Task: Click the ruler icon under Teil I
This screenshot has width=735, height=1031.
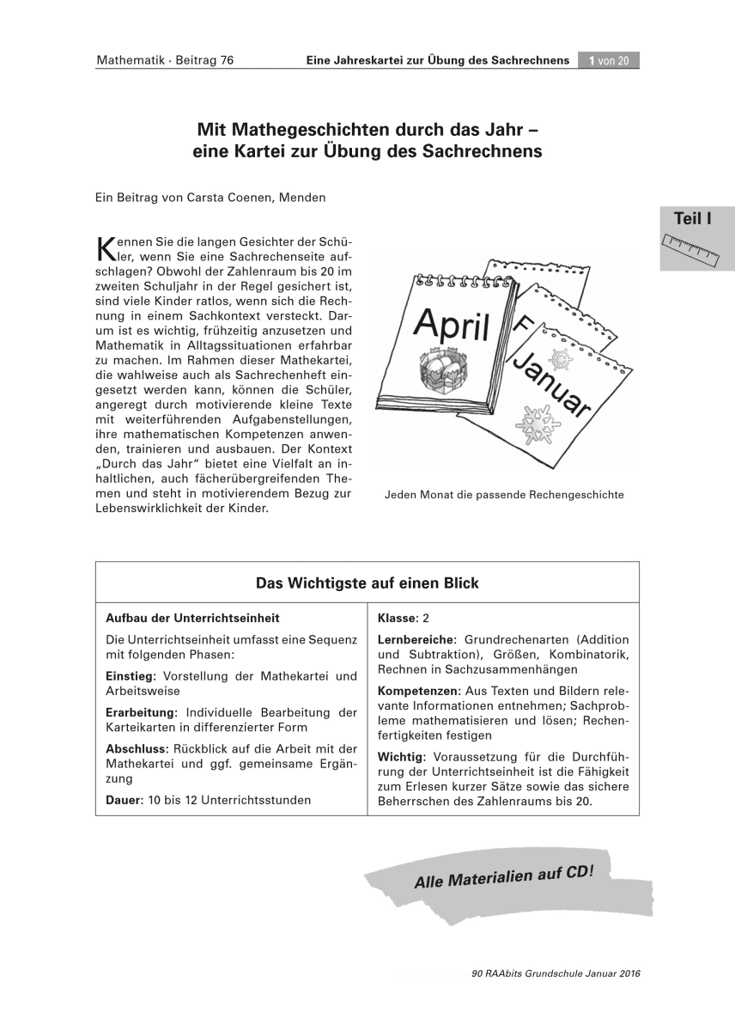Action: click(691, 248)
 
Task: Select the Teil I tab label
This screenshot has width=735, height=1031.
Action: click(692, 219)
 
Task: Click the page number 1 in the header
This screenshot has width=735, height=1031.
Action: click(592, 60)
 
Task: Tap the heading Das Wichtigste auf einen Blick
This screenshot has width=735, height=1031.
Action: click(367, 583)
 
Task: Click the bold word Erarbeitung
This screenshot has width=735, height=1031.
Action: click(141, 712)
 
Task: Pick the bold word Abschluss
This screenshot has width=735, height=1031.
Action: click(135, 748)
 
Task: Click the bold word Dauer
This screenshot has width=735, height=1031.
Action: click(124, 800)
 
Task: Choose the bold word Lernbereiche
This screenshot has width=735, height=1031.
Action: click(416, 640)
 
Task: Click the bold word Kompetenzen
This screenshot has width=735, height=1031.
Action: click(418, 691)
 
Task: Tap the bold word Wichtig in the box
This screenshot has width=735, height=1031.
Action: click(400, 756)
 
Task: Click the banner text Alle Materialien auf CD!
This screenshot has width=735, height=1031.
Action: click(503, 875)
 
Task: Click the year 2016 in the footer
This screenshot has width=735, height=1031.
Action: click(628, 973)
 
